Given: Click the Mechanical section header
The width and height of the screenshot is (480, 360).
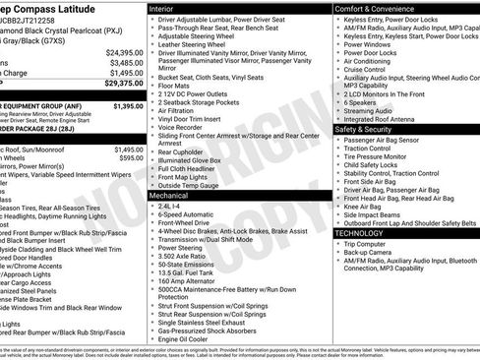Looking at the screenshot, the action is pos(172,196).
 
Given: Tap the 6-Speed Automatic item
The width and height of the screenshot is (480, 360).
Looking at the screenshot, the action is pos(186,216).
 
